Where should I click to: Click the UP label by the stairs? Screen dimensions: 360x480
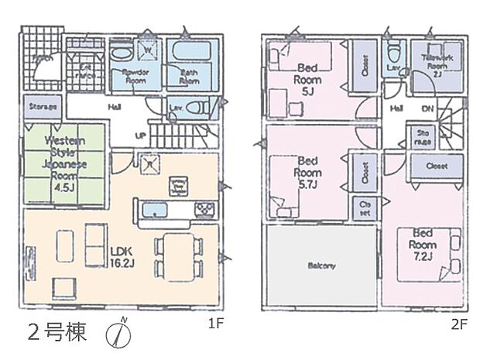click(x=140, y=135)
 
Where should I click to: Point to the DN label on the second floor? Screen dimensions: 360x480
click(x=427, y=110)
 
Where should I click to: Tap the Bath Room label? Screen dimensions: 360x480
click(x=189, y=76)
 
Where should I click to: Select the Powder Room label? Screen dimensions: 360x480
click(x=138, y=76)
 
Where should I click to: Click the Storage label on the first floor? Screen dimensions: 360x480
click(x=40, y=106)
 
